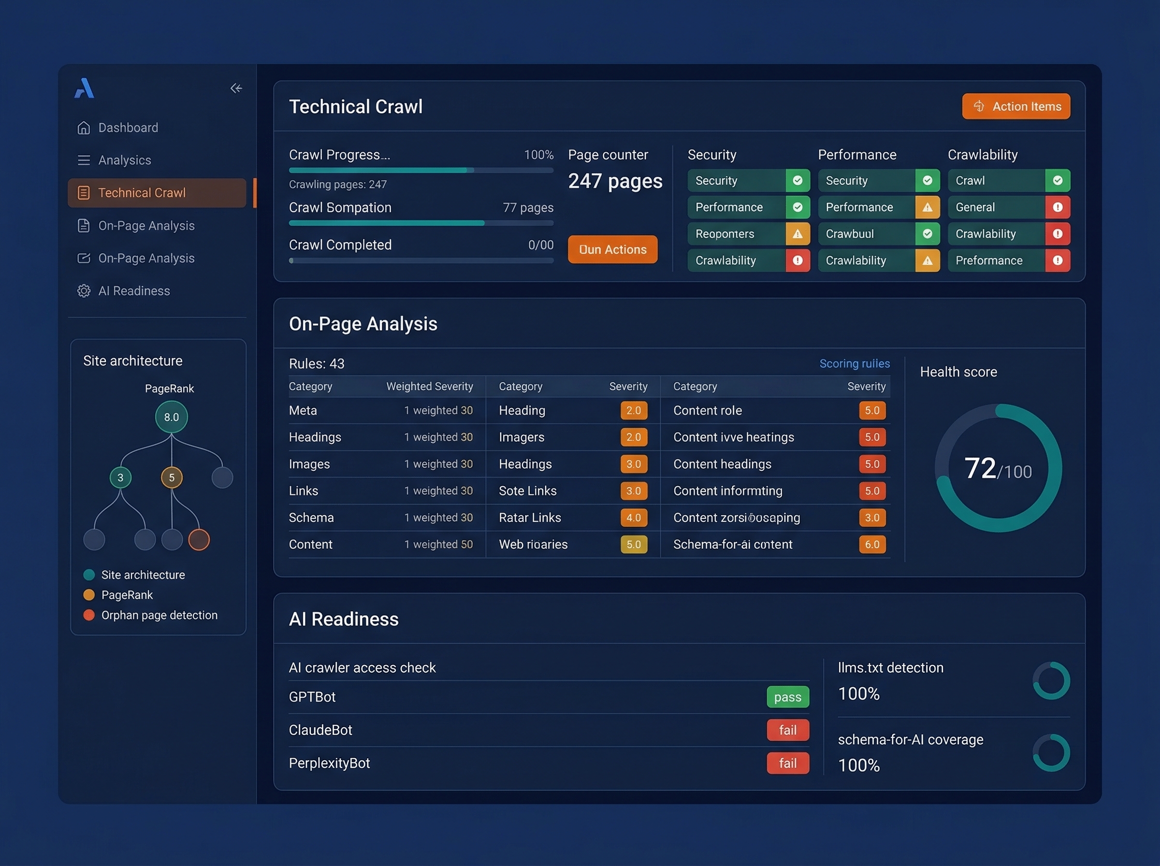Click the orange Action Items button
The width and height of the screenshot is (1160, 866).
[x=1015, y=106]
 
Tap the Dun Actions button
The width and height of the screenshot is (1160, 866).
[x=612, y=249]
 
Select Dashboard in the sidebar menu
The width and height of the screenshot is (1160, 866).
[x=128, y=128]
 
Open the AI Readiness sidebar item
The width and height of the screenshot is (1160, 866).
[x=134, y=291]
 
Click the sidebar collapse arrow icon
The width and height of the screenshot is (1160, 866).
[x=236, y=88]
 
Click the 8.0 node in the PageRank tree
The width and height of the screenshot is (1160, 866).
[x=172, y=417]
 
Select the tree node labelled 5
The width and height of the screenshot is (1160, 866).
[x=172, y=477]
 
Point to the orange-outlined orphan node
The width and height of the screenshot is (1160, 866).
[x=199, y=539]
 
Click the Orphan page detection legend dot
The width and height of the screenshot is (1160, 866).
[x=89, y=615]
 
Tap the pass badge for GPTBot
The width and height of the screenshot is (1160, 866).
[x=787, y=697]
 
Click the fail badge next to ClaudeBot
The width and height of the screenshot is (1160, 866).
[x=787, y=730]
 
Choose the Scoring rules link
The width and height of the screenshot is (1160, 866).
[x=855, y=364]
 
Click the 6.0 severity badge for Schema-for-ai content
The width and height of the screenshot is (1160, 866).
[x=872, y=545]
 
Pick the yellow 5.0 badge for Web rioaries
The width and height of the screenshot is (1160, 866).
[x=633, y=545]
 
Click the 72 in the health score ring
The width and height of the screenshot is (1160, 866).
[x=980, y=468]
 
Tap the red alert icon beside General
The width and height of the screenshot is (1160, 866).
[x=1057, y=208]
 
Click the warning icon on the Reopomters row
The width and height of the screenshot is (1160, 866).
[x=797, y=234]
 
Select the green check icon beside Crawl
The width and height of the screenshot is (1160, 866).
[x=1057, y=181]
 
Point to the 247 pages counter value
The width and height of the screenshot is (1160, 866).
[x=615, y=181]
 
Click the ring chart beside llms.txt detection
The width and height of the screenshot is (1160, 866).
[x=1051, y=680]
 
